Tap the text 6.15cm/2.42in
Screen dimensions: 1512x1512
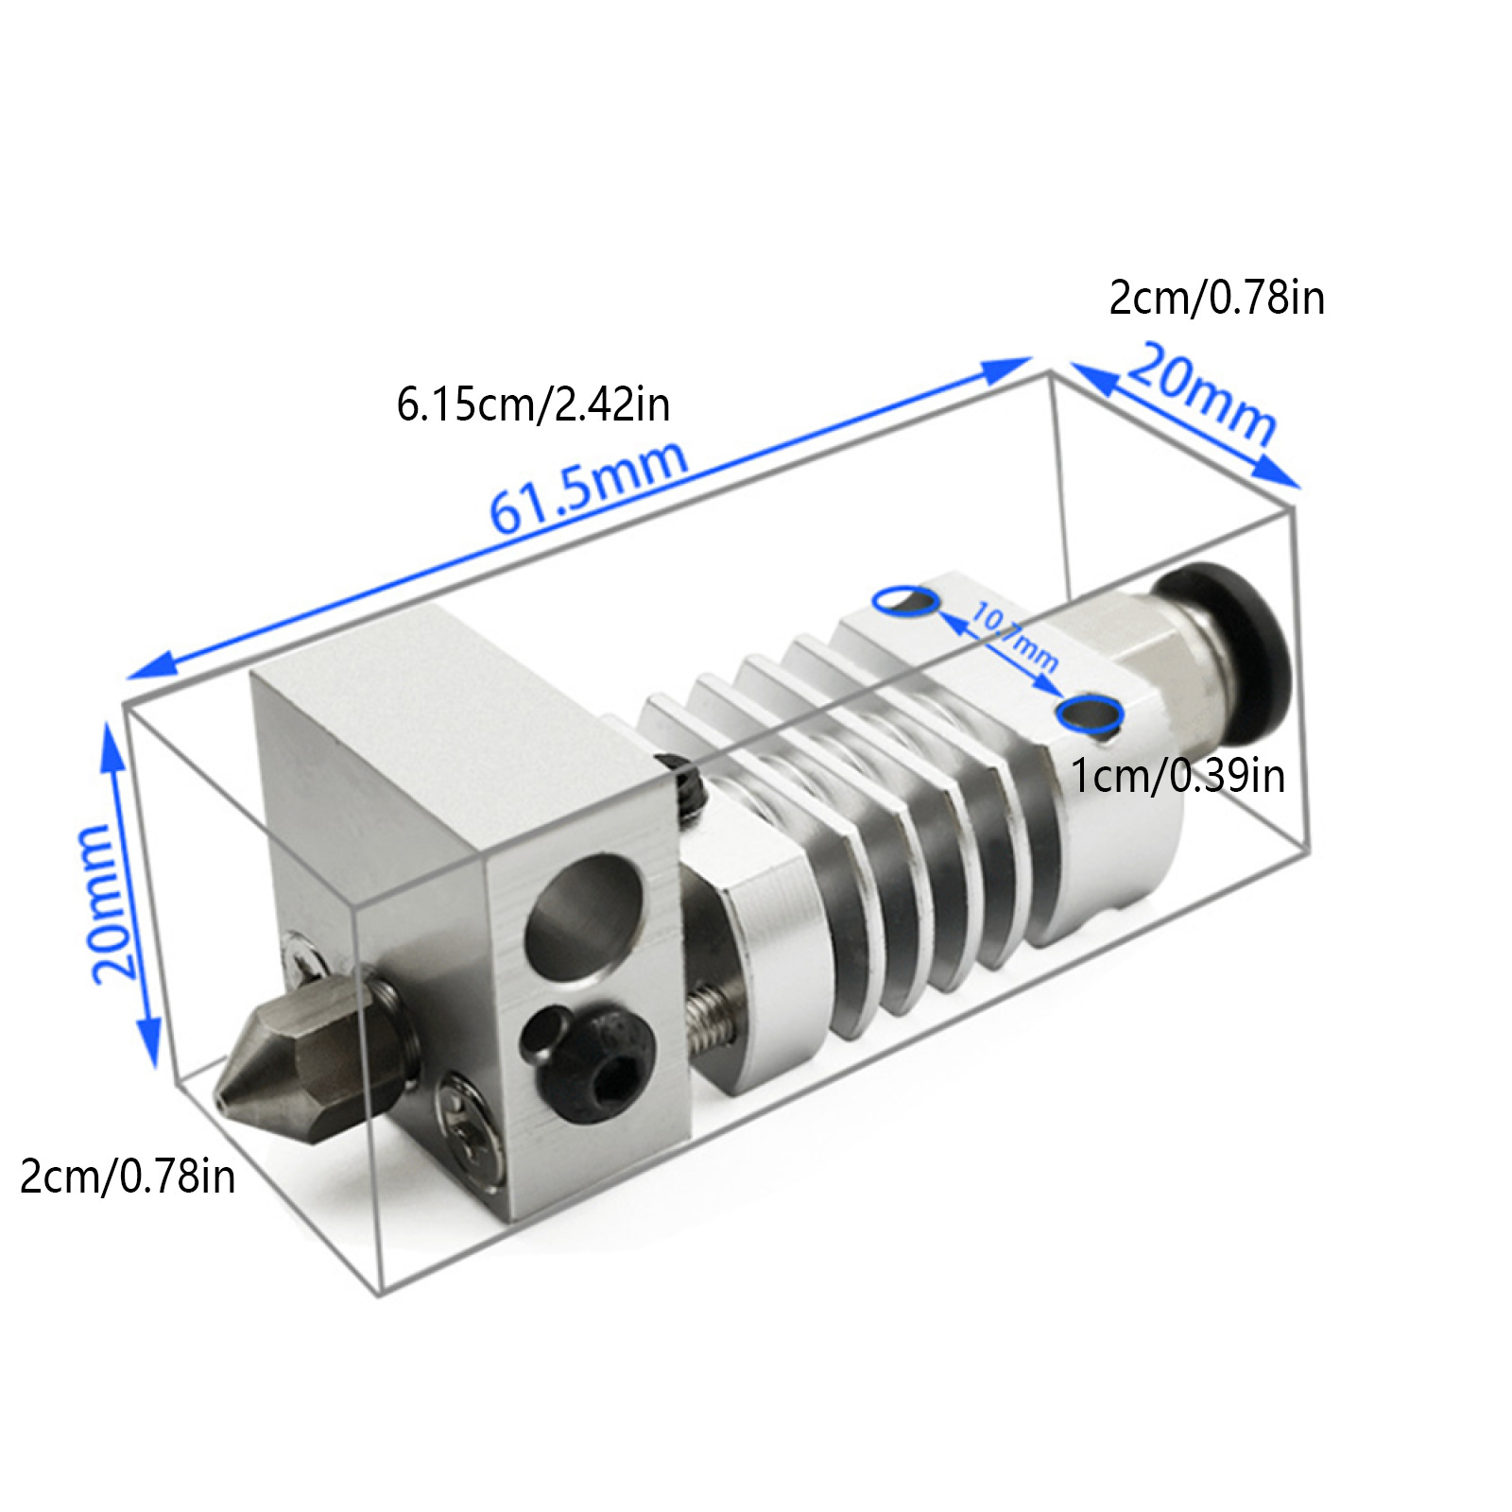point(533,405)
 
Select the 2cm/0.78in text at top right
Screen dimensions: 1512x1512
point(1216,298)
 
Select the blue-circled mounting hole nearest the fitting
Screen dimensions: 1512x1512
point(1090,713)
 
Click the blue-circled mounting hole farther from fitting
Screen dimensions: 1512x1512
point(906,599)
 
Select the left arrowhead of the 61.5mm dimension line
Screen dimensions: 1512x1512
point(138,672)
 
